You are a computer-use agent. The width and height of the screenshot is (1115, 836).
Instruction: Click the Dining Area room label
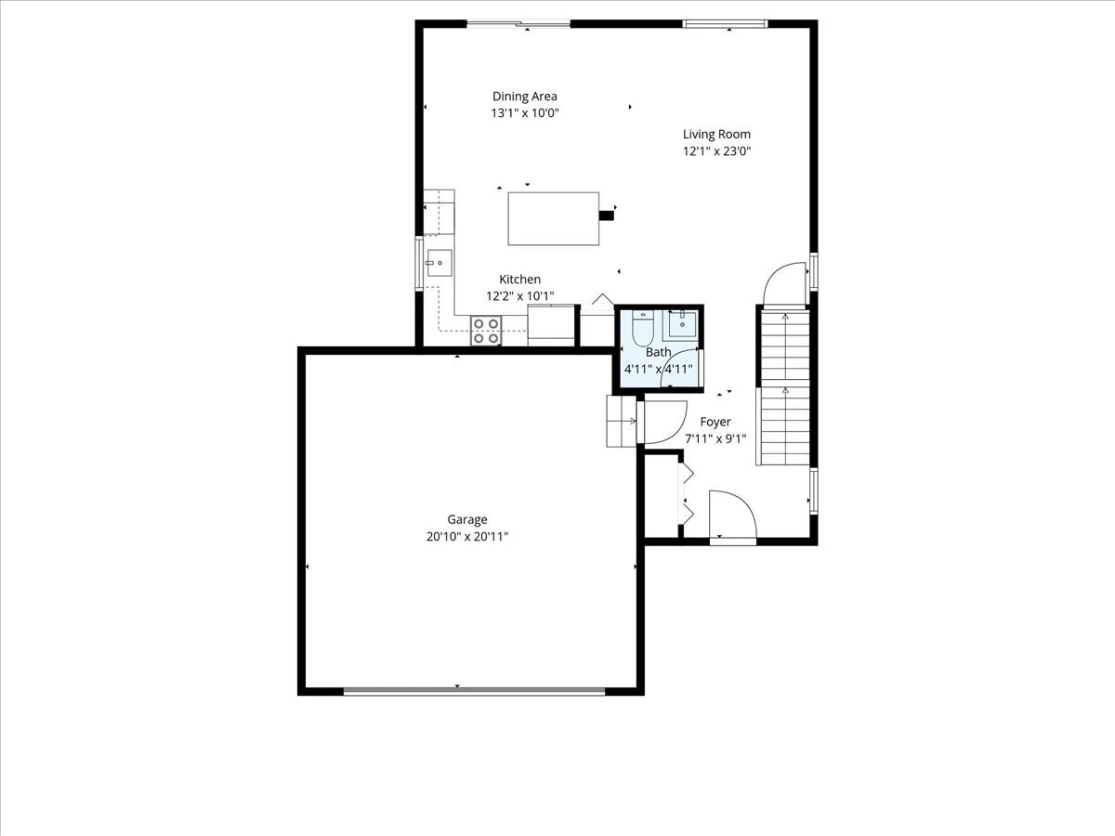(x=525, y=97)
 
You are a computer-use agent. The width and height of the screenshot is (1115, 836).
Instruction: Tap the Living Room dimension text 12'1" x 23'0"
(x=716, y=151)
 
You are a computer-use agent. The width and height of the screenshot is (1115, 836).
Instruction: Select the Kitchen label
(x=519, y=280)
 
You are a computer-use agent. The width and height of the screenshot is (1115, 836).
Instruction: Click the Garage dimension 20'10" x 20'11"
(x=467, y=537)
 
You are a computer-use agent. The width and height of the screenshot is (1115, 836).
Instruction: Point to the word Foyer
(x=715, y=422)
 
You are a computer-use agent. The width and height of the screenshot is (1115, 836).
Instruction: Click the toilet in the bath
(x=643, y=329)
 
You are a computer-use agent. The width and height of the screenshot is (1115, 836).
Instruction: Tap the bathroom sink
(x=681, y=324)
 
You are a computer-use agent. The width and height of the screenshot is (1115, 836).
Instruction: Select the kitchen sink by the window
(x=439, y=263)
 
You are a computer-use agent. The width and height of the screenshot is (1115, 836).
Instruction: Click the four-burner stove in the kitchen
(x=486, y=331)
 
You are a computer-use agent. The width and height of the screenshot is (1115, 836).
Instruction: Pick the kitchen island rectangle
(x=553, y=219)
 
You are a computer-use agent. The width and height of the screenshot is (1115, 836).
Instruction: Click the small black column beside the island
(x=607, y=216)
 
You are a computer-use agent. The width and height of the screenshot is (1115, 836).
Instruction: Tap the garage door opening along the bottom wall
(x=475, y=691)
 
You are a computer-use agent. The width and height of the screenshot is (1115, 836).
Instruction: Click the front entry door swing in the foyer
(x=733, y=516)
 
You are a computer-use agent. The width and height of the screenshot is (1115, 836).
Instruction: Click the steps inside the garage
(x=622, y=422)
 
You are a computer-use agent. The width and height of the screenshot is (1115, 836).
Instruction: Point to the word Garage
(x=467, y=520)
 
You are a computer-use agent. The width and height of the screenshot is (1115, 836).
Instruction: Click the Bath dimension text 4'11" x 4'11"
(x=659, y=369)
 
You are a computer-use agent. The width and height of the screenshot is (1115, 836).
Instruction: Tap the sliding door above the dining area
(x=518, y=23)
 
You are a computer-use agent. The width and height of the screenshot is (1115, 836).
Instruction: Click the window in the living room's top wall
(x=725, y=23)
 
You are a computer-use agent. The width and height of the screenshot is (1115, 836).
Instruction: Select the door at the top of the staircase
(x=786, y=284)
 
